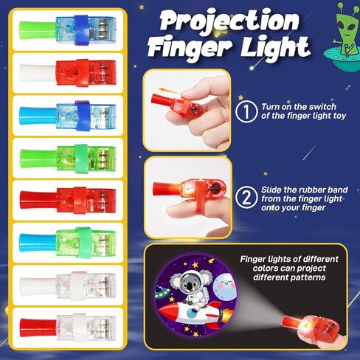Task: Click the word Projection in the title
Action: tap(229, 21)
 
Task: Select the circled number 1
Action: tap(246, 111)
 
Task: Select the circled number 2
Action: tap(246, 198)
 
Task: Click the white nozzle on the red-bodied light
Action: tap(38, 73)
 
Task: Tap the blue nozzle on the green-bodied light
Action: tap(38, 243)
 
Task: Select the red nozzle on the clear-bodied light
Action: tap(38, 328)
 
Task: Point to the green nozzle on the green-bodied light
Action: tap(38, 158)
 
